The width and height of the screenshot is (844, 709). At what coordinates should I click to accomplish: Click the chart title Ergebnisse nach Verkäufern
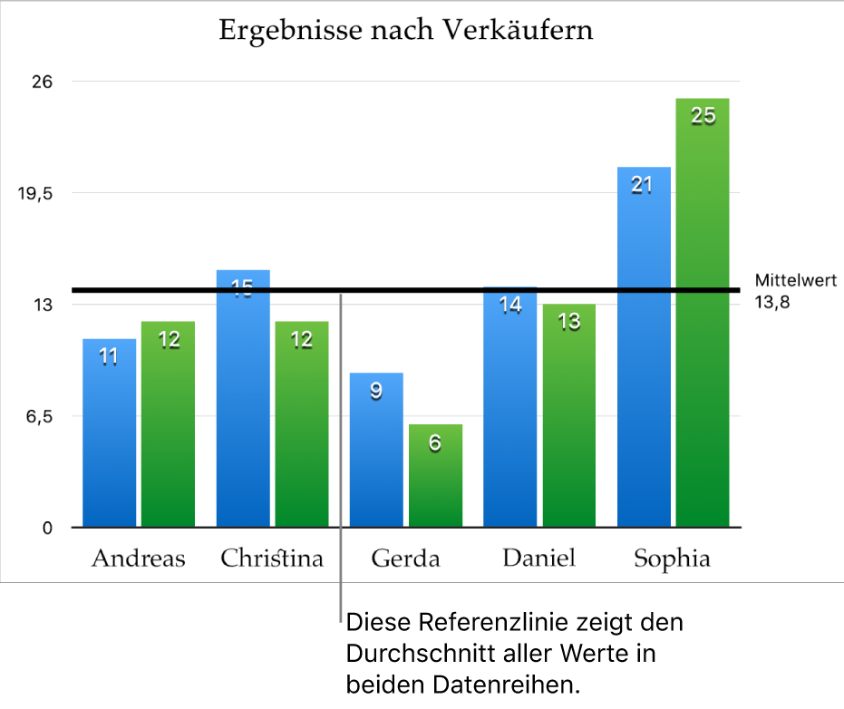[406, 31]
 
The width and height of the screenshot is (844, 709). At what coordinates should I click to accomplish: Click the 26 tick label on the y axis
[43, 82]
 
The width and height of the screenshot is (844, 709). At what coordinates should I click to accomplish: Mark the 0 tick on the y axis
[48, 528]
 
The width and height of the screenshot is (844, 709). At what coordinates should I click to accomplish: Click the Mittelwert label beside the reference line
[795, 281]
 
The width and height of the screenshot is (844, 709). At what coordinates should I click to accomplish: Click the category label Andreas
[138, 558]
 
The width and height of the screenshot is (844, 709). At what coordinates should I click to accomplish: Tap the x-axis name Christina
[272, 558]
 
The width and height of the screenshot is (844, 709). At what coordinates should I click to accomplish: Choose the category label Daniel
[538, 558]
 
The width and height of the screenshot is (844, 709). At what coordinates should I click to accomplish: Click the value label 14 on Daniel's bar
[511, 306]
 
